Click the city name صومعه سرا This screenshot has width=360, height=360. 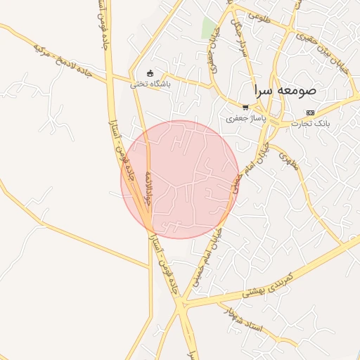coord(288,91)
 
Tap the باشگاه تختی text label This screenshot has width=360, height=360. coord(150,84)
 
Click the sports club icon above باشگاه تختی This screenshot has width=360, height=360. coord(149,73)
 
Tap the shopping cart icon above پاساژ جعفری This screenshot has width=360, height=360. coord(245,108)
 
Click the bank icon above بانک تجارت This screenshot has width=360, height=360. coord(310,112)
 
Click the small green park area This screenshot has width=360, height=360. coord(209,27)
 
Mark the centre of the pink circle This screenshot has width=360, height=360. coord(180,179)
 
